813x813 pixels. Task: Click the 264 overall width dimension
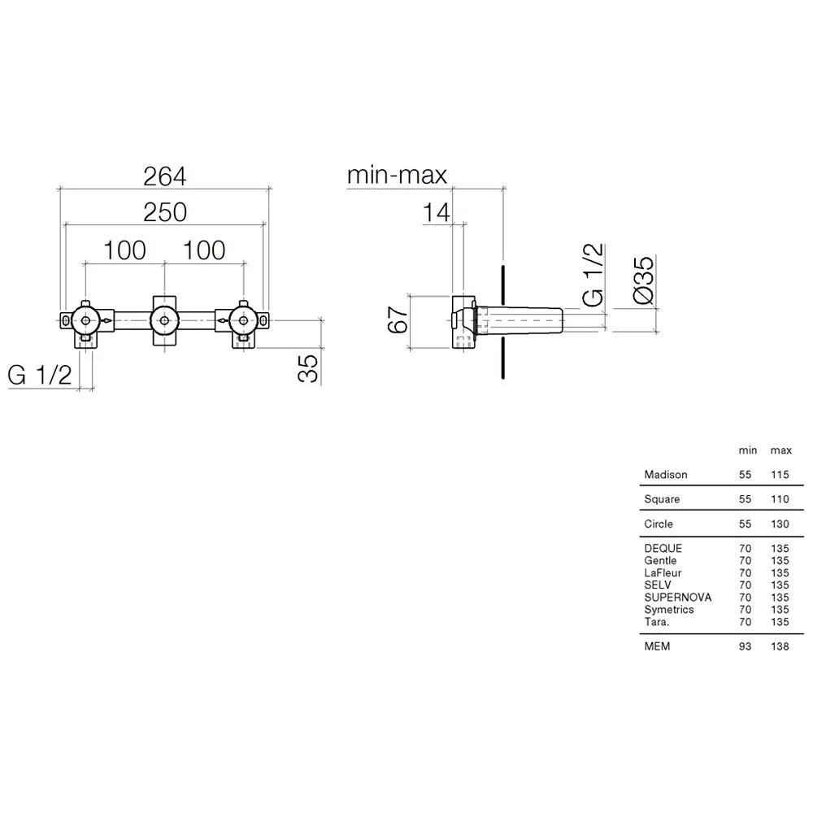165,176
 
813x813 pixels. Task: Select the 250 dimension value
165,212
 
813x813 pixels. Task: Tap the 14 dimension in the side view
436,212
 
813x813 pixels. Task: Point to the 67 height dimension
398,320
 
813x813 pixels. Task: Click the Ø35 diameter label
644,280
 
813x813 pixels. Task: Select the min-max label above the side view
397,176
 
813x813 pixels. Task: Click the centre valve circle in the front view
164,321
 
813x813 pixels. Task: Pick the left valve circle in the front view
85,321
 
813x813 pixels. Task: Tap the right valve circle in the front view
243,321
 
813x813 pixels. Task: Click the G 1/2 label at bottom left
40,375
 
